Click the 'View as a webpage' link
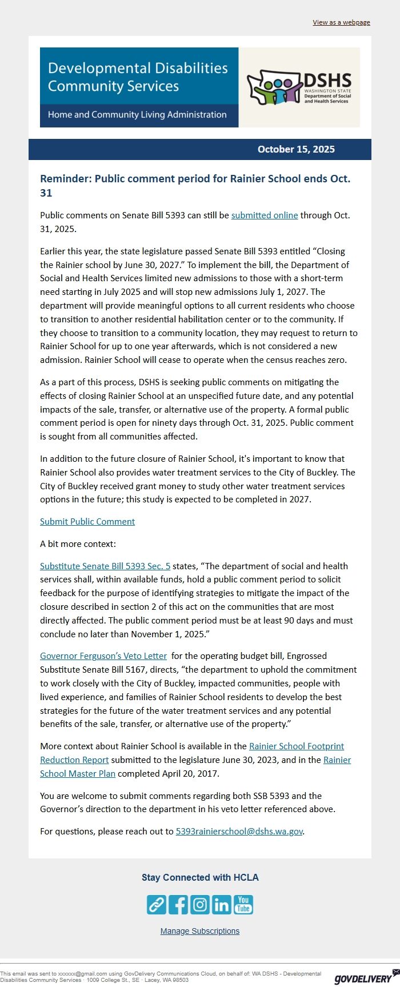341,22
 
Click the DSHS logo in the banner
299,87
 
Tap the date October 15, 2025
296,149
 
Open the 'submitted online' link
265,215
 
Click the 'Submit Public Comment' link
87,522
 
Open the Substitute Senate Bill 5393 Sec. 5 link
105,566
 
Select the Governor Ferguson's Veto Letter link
103,656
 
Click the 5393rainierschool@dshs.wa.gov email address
239,832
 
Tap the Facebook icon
178,905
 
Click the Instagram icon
200,905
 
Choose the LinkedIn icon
222,905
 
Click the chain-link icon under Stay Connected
157,905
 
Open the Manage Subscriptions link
200,931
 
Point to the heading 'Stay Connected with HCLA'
200,878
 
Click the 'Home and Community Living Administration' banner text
137,115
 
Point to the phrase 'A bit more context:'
78,544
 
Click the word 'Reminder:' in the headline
66,179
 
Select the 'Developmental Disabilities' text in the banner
138,68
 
